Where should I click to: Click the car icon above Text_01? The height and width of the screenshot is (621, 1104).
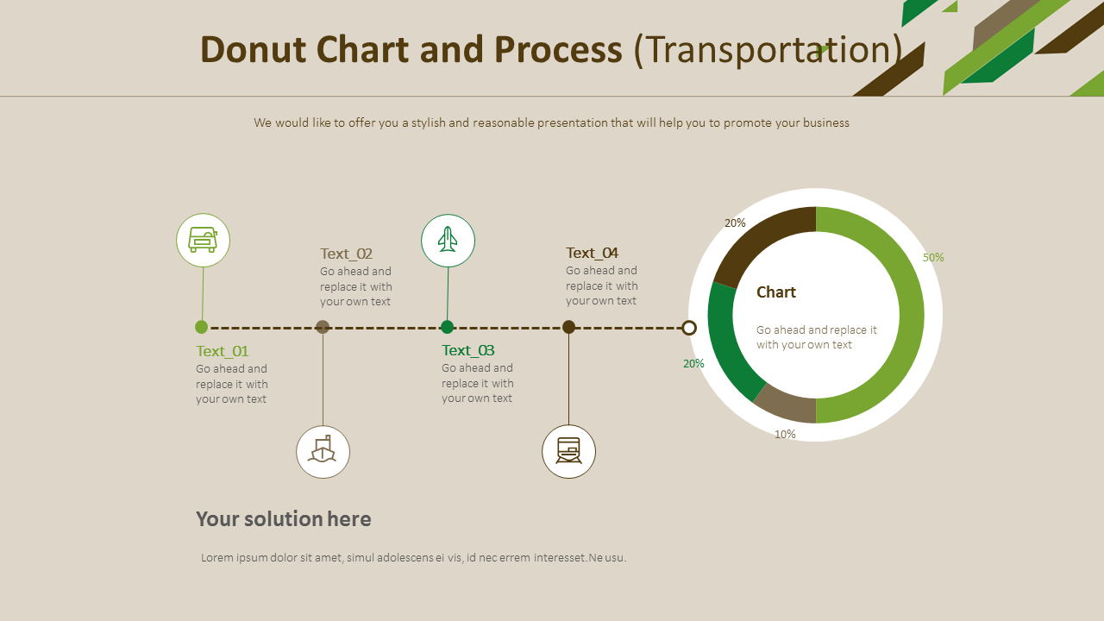pyautogui.click(x=203, y=240)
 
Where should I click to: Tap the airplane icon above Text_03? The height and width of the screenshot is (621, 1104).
pyautogui.click(x=448, y=240)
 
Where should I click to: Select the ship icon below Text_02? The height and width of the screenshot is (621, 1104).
pyautogui.click(x=323, y=451)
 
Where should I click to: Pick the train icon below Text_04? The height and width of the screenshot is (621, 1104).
pyautogui.click(x=568, y=451)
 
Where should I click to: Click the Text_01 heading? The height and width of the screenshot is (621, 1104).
pyautogui.click(x=222, y=351)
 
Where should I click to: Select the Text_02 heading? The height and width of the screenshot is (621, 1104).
pyautogui.click(x=346, y=254)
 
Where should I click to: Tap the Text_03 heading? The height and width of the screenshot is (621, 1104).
pyautogui.click(x=467, y=350)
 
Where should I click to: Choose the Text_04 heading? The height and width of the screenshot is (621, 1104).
pyautogui.click(x=592, y=253)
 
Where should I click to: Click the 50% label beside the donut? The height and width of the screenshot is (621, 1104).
pyautogui.click(x=933, y=257)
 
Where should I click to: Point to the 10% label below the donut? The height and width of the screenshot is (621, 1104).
pyautogui.click(x=785, y=434)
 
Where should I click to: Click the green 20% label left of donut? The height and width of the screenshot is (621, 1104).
pyautogui.click(x=693, y=363)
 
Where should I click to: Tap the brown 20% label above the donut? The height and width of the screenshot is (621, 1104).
pyautogui.click(x=735, y=223)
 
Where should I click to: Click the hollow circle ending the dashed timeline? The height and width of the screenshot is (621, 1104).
pyautogui.click(x=689, y=328)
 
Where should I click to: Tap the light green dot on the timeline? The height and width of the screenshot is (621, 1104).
pyautogui.click(x=201, y=327)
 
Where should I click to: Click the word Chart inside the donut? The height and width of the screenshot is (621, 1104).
pyautogui.click(x=776, y=292)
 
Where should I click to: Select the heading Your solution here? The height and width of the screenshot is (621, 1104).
pyautogui.click(x=284, y=518)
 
